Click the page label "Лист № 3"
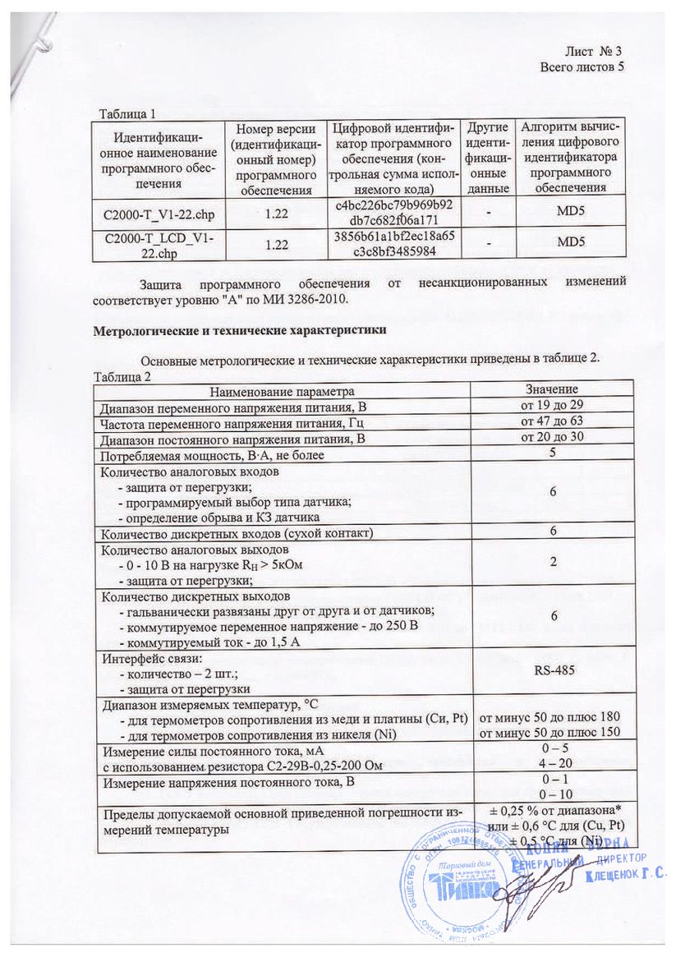tap(596, 51)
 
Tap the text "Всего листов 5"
tap(582, 66)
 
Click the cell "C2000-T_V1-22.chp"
tap(160, 213)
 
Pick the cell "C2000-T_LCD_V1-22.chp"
tap(160, 244)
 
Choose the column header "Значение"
tap(552, 389)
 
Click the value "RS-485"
tap(552, 671)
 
